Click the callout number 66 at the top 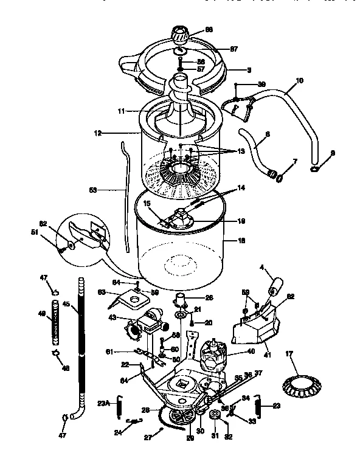tap(209, 29)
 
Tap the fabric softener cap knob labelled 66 tap(181, 32)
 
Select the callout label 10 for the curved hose tap(299, 80)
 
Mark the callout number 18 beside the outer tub tap(241, 241)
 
